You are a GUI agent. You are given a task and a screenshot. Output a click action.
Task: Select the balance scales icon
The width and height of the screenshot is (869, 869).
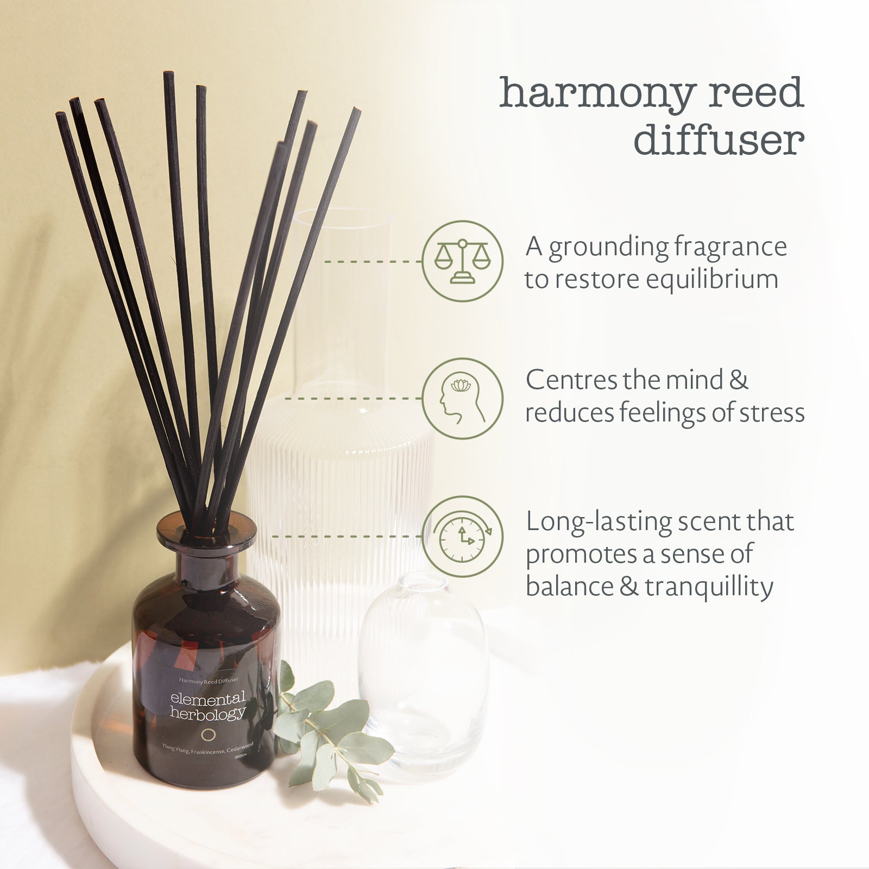(462, 261)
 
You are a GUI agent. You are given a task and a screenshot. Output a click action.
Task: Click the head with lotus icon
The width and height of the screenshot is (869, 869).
(462, 398)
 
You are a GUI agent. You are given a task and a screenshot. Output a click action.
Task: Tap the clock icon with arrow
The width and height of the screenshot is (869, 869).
(463, 536)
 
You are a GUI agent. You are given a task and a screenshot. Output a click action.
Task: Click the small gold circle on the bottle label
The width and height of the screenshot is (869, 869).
(208, 735)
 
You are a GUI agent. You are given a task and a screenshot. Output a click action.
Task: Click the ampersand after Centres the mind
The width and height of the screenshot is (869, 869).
(738, 380)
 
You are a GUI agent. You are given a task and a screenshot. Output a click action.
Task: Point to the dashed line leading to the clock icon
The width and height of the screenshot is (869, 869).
(348, 536)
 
